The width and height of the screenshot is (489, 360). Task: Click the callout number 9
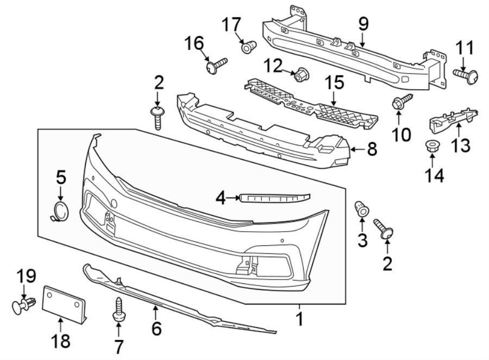click(363, 23)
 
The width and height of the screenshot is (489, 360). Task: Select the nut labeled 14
click(432, 146)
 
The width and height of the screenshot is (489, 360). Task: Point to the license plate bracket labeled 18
click(65, 302)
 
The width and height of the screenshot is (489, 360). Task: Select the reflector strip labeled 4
click(274, 197)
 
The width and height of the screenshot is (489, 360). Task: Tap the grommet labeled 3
click(361, 208)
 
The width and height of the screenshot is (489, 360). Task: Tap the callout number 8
click(372, 149)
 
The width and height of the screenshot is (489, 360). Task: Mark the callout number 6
click(156, 328)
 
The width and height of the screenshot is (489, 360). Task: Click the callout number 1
click(299, 318)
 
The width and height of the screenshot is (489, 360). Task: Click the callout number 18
click(60, 342)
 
